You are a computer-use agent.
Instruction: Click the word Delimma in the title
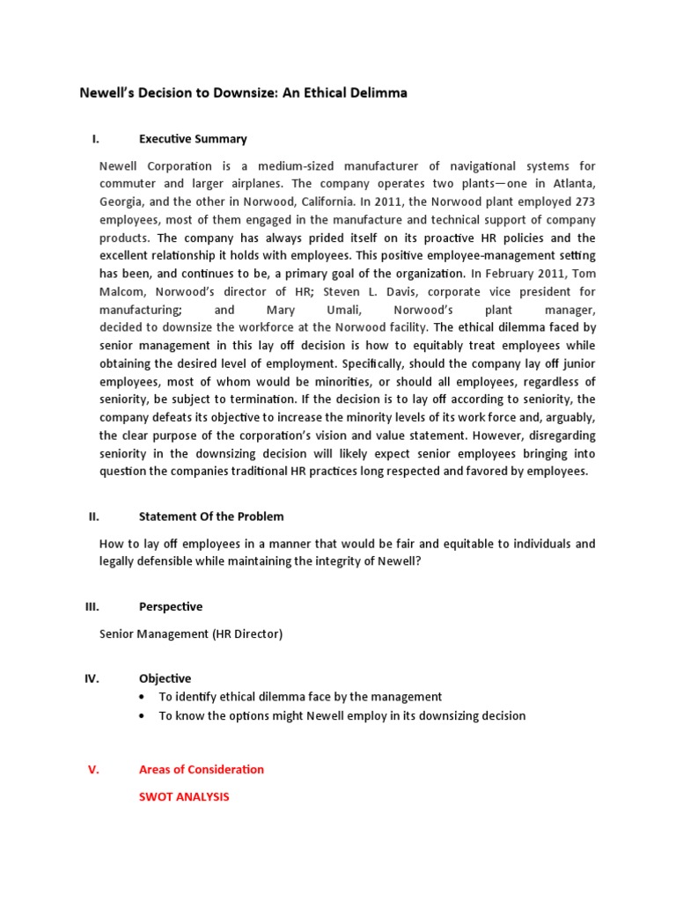[x=374, y=92]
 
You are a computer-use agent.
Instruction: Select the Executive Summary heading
[x=193, y=139]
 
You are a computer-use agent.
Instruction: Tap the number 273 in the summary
[x=580, y=201]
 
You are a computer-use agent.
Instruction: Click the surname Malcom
[x=126, y=292]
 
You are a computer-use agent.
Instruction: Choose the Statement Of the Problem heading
[x=211, y=516]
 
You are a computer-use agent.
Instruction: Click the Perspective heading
[x=171, y=606]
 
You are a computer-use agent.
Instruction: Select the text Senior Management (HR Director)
[x=191, y=634]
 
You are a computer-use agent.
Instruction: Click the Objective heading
[x=165, y=678]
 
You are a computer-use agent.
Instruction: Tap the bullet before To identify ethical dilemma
[x=143, y=697]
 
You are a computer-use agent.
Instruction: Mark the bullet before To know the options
[x=143, y=715]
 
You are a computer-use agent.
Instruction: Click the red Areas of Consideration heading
[x=202, y=769]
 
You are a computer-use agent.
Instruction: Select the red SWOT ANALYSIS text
[x=184, y=796]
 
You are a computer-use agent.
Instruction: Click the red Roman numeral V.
[x=94, y=769]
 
